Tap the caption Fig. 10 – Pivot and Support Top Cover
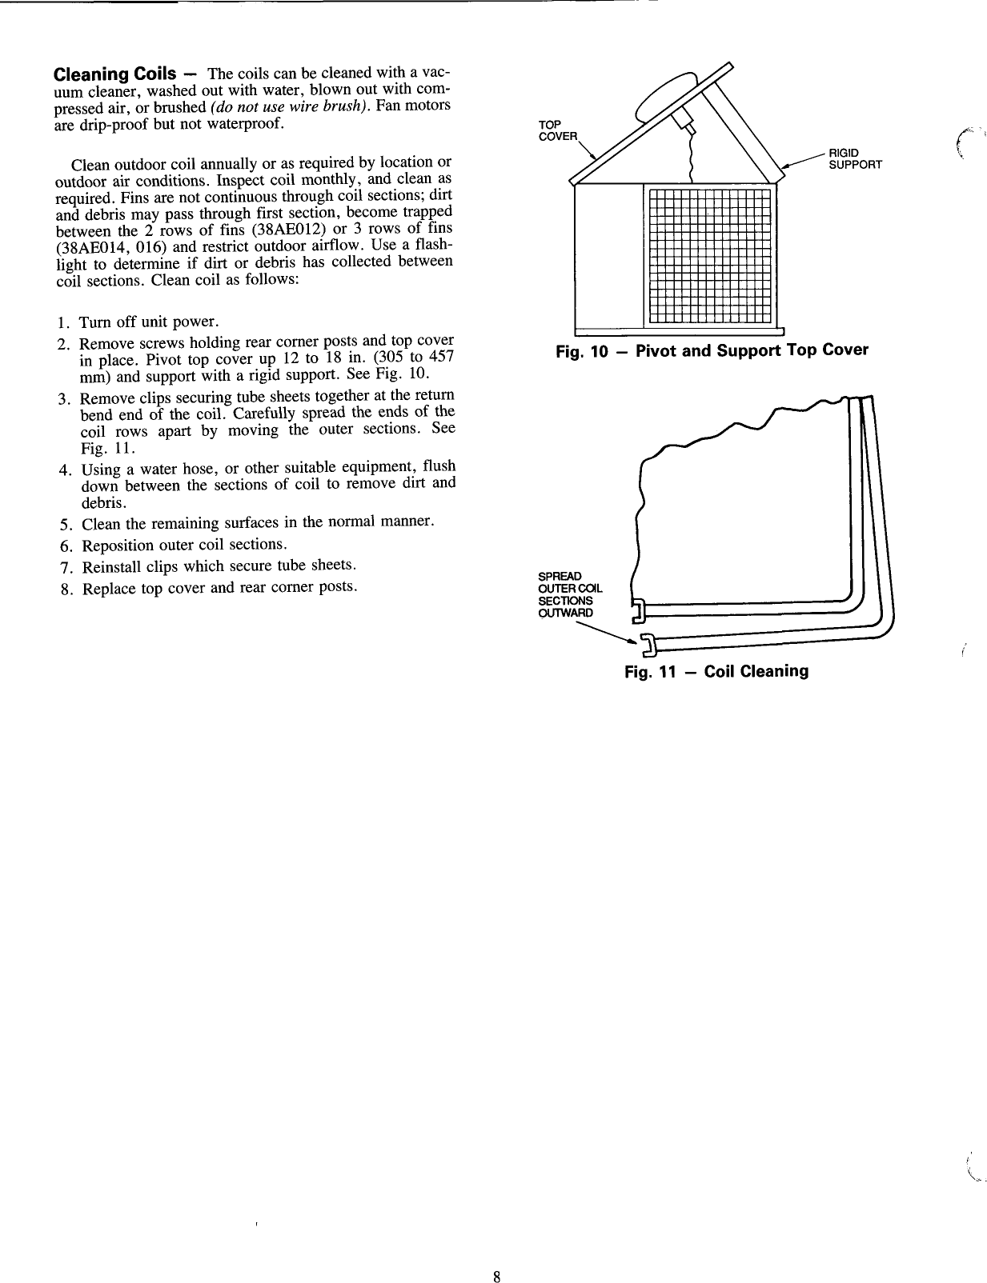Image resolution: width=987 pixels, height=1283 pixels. click(x=712, y=350)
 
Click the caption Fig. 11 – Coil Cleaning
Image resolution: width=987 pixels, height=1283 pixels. click(x=716, y=671)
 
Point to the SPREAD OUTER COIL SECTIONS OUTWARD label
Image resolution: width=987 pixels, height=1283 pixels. click(x=570, y=594)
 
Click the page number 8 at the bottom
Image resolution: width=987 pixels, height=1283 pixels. click(x=496, y=1255)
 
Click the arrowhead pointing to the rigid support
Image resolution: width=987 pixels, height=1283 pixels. click(x=787, y=166)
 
